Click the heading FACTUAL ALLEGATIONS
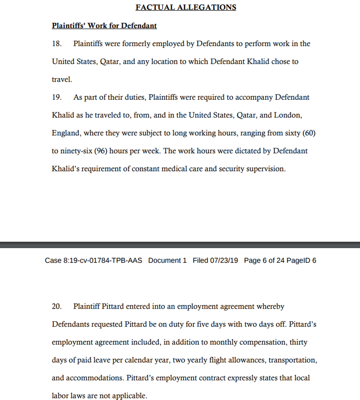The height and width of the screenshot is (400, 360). tap(186, 7)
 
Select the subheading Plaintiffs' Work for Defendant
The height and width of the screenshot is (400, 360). tap(104, 26)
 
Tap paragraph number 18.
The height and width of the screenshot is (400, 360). tap(56, 44)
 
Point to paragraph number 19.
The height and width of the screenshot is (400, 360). tap(56, 97)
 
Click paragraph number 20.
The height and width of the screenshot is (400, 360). tap(56, 306)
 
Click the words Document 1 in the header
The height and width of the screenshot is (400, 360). tap(167, 260)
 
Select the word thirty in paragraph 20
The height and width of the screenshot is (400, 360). tap(298, 342)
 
